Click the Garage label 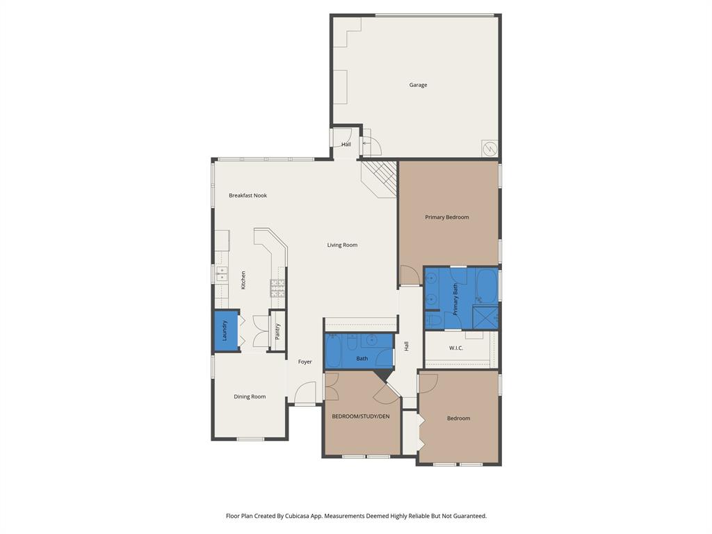pyautogui.click(x=418, y=85)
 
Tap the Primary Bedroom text pyautogui.click(x=447, y=217)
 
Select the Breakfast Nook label pyautogui.click(x=248, y=195)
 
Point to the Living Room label pyautogui.click(x=342, y=245)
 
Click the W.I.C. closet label pyautogui.click(x=456, y=348)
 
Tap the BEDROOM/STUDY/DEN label pyautogui.click(x=361, y=416)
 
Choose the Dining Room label pyautogui.click(x=250, y=396)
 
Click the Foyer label pyautogui.click(x=305, y=362)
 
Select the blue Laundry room pyautogui.click(x=225, y=331)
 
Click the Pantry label pyautogui.click(x=277, y=332)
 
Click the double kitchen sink pyautogui.click(x=221, y=273)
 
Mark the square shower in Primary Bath pyautogui.click(x=485, y=316)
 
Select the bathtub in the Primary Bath pyautogui.click(x=487, y=285)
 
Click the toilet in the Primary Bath pyautogui.click(x=432, y=320)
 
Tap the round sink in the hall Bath pyautogui.click(x=373, y=340)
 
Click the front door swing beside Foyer pyautogui.click(x=306, y=395)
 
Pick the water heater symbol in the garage pyautogui.click(x=489, y=148)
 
